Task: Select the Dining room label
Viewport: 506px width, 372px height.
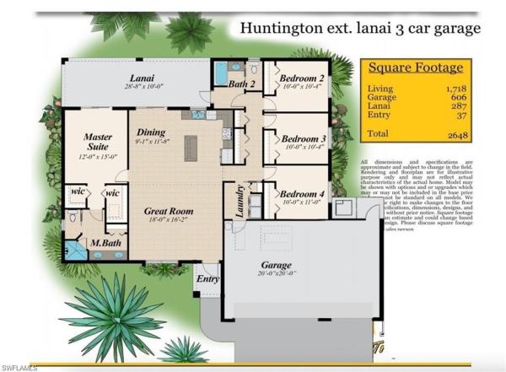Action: tap(151, 132)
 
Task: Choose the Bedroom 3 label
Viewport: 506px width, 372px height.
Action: tap(304, 138)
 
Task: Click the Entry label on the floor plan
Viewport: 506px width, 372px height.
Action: tap(207, 278)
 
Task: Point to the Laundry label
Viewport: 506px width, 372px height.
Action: tap(239, 202)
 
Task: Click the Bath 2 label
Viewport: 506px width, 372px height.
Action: tap(242, 84)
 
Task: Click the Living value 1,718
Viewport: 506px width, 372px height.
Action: tap(456, 87)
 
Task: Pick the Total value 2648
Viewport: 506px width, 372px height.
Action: tap(459, 134)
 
